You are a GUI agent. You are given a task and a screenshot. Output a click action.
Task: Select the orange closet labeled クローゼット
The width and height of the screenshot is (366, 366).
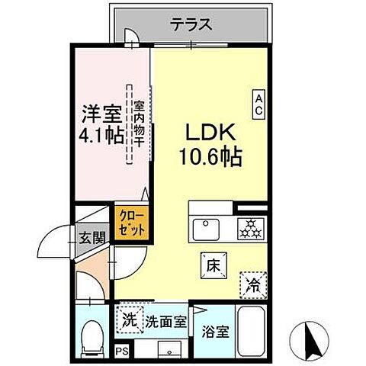tap(130, 221)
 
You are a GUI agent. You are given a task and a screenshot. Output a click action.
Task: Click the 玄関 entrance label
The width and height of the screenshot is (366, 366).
tap(91, 239)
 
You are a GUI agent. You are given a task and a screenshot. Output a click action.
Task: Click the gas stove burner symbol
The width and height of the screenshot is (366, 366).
tap(249, 227)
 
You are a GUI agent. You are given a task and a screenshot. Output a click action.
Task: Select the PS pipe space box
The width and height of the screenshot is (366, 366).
tap(120, 352)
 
